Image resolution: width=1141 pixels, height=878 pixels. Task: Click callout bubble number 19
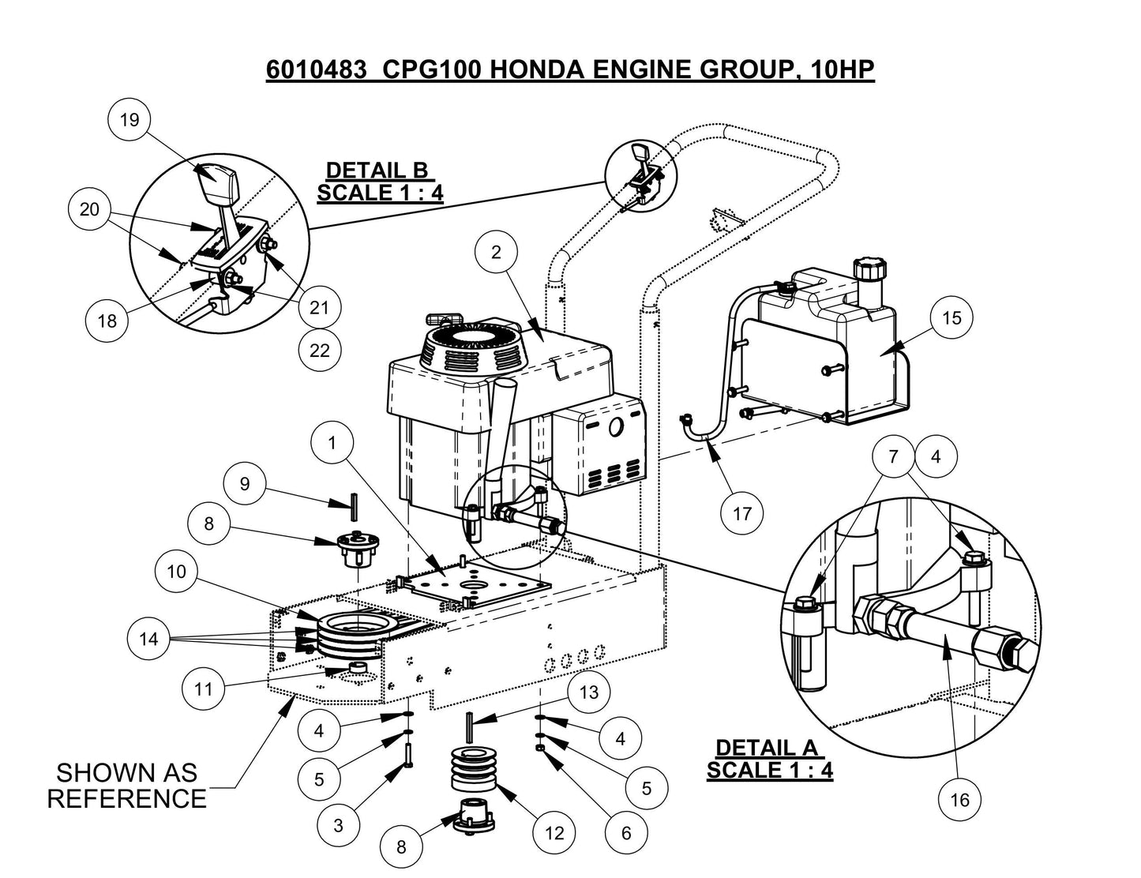(x=129, y=120)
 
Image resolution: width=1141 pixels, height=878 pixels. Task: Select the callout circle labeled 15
(x=951, y=317)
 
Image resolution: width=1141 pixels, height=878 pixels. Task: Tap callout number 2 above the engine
(x=496, y=253)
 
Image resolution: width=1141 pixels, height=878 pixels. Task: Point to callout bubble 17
(x=742, y=514)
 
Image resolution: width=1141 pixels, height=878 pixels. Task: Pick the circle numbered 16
(x=959, y=801)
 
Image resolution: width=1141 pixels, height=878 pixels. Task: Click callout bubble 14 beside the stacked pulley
(x=149, y=640)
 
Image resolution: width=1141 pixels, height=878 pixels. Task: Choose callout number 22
(x=319, y=350)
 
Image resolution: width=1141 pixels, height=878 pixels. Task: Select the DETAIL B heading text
(x=377, y=171)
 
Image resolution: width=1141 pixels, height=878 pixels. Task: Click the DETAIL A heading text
(x=766, y=748)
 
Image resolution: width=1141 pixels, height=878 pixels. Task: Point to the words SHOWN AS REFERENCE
(x=126, y=785)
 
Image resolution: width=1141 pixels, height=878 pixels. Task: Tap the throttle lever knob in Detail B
(x=217, y=182)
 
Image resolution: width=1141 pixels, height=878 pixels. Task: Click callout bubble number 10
(x=177, y=571)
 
